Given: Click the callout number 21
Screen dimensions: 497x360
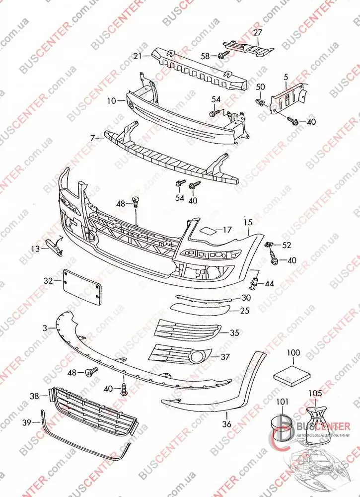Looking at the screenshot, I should coord(138,56).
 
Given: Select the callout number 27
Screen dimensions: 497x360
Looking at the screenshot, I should coord(258,33).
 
